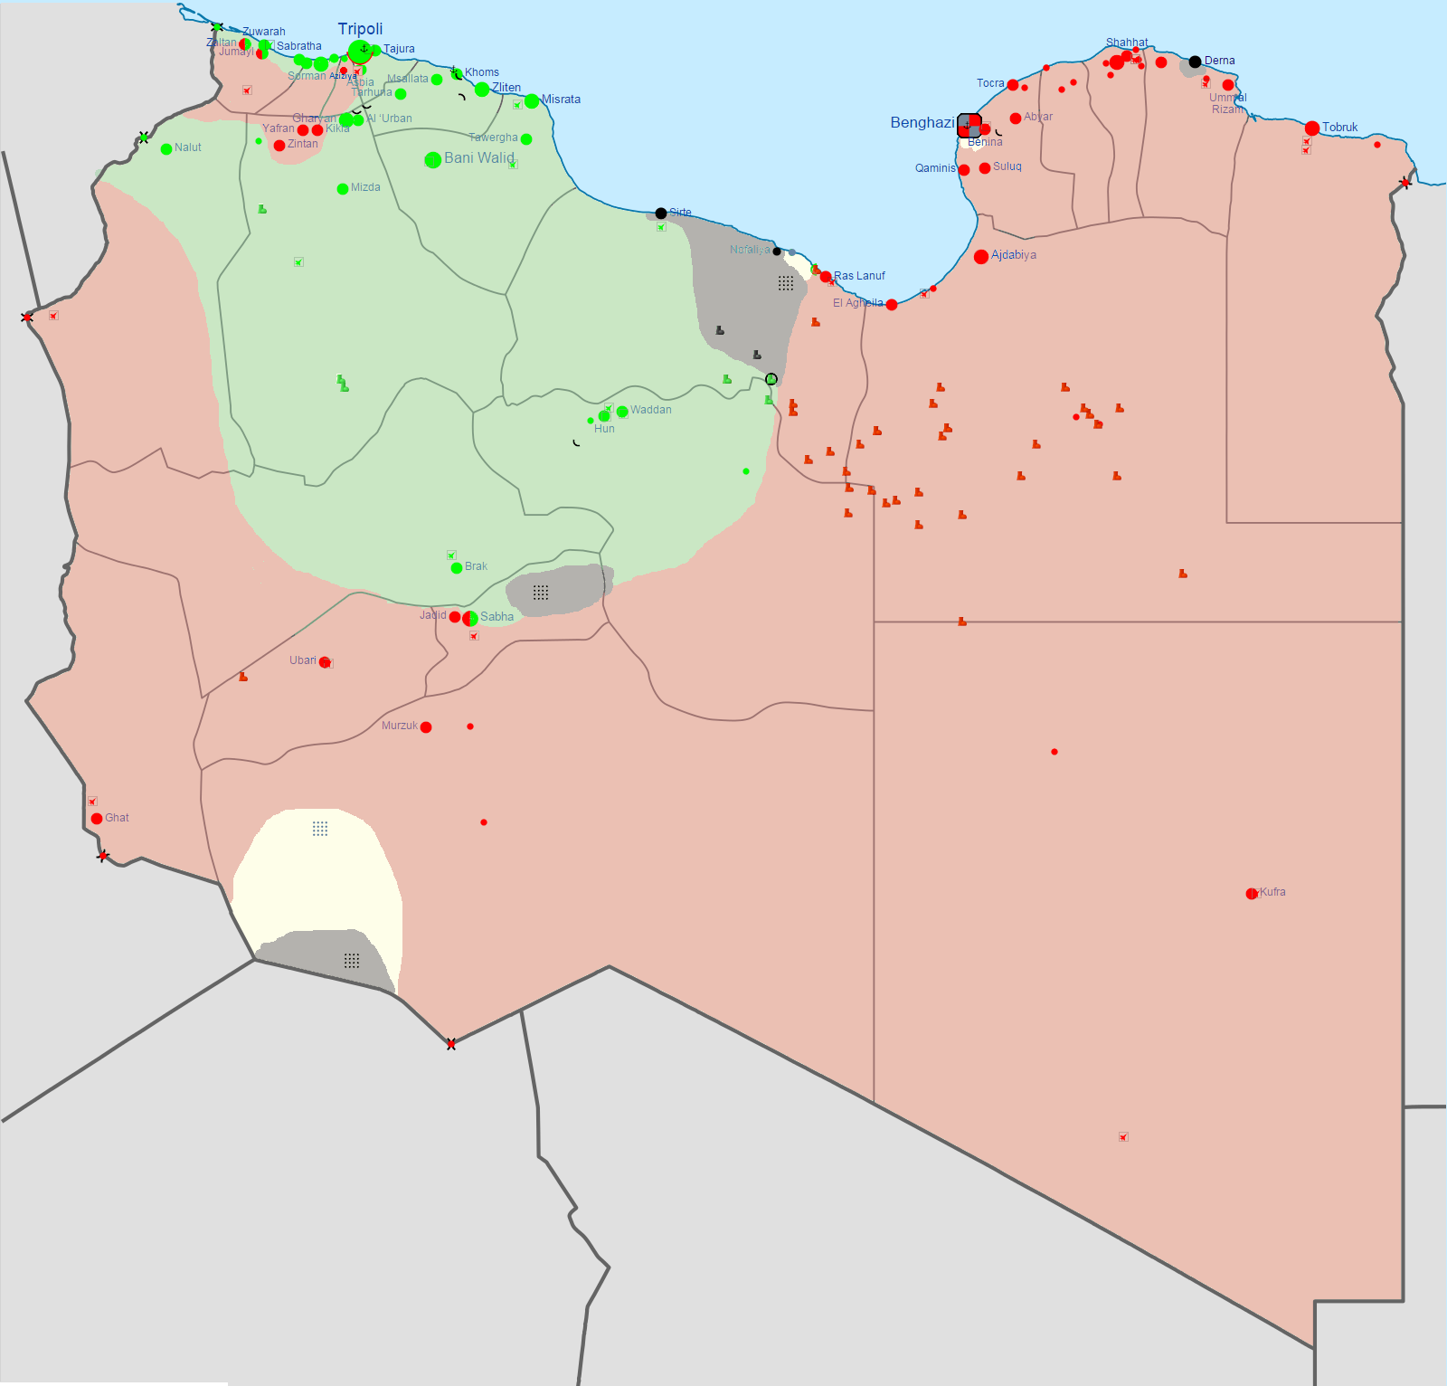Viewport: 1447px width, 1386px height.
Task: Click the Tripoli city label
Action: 360,29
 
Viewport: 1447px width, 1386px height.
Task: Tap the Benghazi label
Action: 922,123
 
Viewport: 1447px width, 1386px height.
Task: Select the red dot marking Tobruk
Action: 1311,128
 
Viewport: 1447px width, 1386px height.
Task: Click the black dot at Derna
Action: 1195,62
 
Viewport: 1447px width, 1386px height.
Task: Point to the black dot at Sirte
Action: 661,214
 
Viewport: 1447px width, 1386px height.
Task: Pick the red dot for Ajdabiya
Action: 980,257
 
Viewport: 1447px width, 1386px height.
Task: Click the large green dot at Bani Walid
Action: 433,160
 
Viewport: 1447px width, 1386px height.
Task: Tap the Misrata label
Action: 561,100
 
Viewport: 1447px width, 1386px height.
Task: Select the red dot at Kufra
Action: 1252,894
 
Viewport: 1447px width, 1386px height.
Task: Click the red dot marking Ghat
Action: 97,819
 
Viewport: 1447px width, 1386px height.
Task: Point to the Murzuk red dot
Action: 426,727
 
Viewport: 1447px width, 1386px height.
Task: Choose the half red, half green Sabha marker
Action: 470,619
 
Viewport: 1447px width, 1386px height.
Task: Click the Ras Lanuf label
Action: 859,276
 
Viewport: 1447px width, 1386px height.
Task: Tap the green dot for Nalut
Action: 166,149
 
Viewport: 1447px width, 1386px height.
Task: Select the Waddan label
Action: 650,410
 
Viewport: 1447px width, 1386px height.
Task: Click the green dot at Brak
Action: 457,568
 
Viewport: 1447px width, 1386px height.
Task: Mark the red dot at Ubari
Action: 324,662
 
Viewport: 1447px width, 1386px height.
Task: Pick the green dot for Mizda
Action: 343,189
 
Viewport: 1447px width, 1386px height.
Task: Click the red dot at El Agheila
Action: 892,305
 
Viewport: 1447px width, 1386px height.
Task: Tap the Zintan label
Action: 302,144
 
